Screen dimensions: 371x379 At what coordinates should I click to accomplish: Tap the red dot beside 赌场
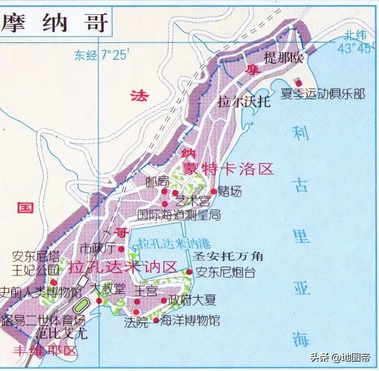(x=214, y=191)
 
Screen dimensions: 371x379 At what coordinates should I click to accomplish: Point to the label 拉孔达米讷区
(x=123, y=267)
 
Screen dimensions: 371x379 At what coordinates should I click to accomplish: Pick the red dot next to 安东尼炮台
(x=189, y=272)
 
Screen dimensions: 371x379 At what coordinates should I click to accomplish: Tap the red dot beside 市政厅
(x=121, y=249)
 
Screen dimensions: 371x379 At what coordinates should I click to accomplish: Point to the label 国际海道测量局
(x=179, y=216)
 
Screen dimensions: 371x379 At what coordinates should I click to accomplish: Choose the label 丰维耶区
(x=44, y=350)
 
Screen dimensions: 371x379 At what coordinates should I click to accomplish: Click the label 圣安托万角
(x=228, y=256)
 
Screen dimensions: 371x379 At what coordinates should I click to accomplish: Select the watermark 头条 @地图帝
(x=340, y=357)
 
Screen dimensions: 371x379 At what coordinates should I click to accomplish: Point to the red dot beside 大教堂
(x=99, y=301)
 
